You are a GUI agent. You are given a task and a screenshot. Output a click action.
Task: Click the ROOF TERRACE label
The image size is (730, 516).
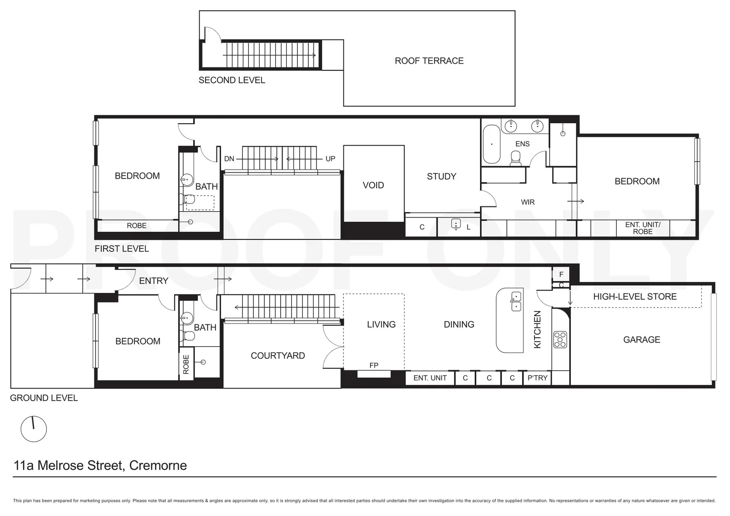pos(429,61)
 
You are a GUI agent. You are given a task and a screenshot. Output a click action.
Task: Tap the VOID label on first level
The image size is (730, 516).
pos(373,185)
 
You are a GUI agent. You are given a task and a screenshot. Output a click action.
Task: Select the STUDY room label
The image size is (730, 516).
pos(441,176)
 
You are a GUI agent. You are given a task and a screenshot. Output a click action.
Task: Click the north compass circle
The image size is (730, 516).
pos(33,429)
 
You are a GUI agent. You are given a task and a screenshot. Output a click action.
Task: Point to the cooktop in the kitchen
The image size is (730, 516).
pos(560,339)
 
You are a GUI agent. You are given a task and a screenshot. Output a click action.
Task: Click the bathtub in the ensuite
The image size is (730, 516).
pos(491,144)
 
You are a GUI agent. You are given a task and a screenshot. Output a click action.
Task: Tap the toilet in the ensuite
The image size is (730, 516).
pos(516,158)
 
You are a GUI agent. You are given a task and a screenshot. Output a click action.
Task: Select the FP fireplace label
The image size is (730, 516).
pos(374,365)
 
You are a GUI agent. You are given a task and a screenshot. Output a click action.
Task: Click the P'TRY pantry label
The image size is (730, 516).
pos(537,378)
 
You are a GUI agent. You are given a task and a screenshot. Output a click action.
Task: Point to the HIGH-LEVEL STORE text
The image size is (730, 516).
pos(634,297)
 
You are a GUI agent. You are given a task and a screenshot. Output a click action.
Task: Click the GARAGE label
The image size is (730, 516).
pos(642,340)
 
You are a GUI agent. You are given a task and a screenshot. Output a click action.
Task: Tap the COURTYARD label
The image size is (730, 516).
pos(278,355)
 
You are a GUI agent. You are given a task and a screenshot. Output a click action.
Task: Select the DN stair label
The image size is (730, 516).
pos(229,159)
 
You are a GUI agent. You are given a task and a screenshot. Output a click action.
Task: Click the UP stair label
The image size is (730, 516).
pos(330,159)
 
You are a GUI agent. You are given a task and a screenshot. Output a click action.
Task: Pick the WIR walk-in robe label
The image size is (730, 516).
pos(528,202)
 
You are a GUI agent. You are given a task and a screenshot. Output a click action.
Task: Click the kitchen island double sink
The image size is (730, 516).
pos(516,301)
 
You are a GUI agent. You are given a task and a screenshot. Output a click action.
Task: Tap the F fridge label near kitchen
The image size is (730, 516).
pos(561,274)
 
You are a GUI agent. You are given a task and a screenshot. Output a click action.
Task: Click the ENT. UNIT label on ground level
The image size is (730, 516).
pos(430,378)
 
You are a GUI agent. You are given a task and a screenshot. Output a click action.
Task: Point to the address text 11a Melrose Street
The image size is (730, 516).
pos(100,465)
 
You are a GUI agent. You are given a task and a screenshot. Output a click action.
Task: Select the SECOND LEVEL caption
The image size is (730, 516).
pos(231,80)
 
